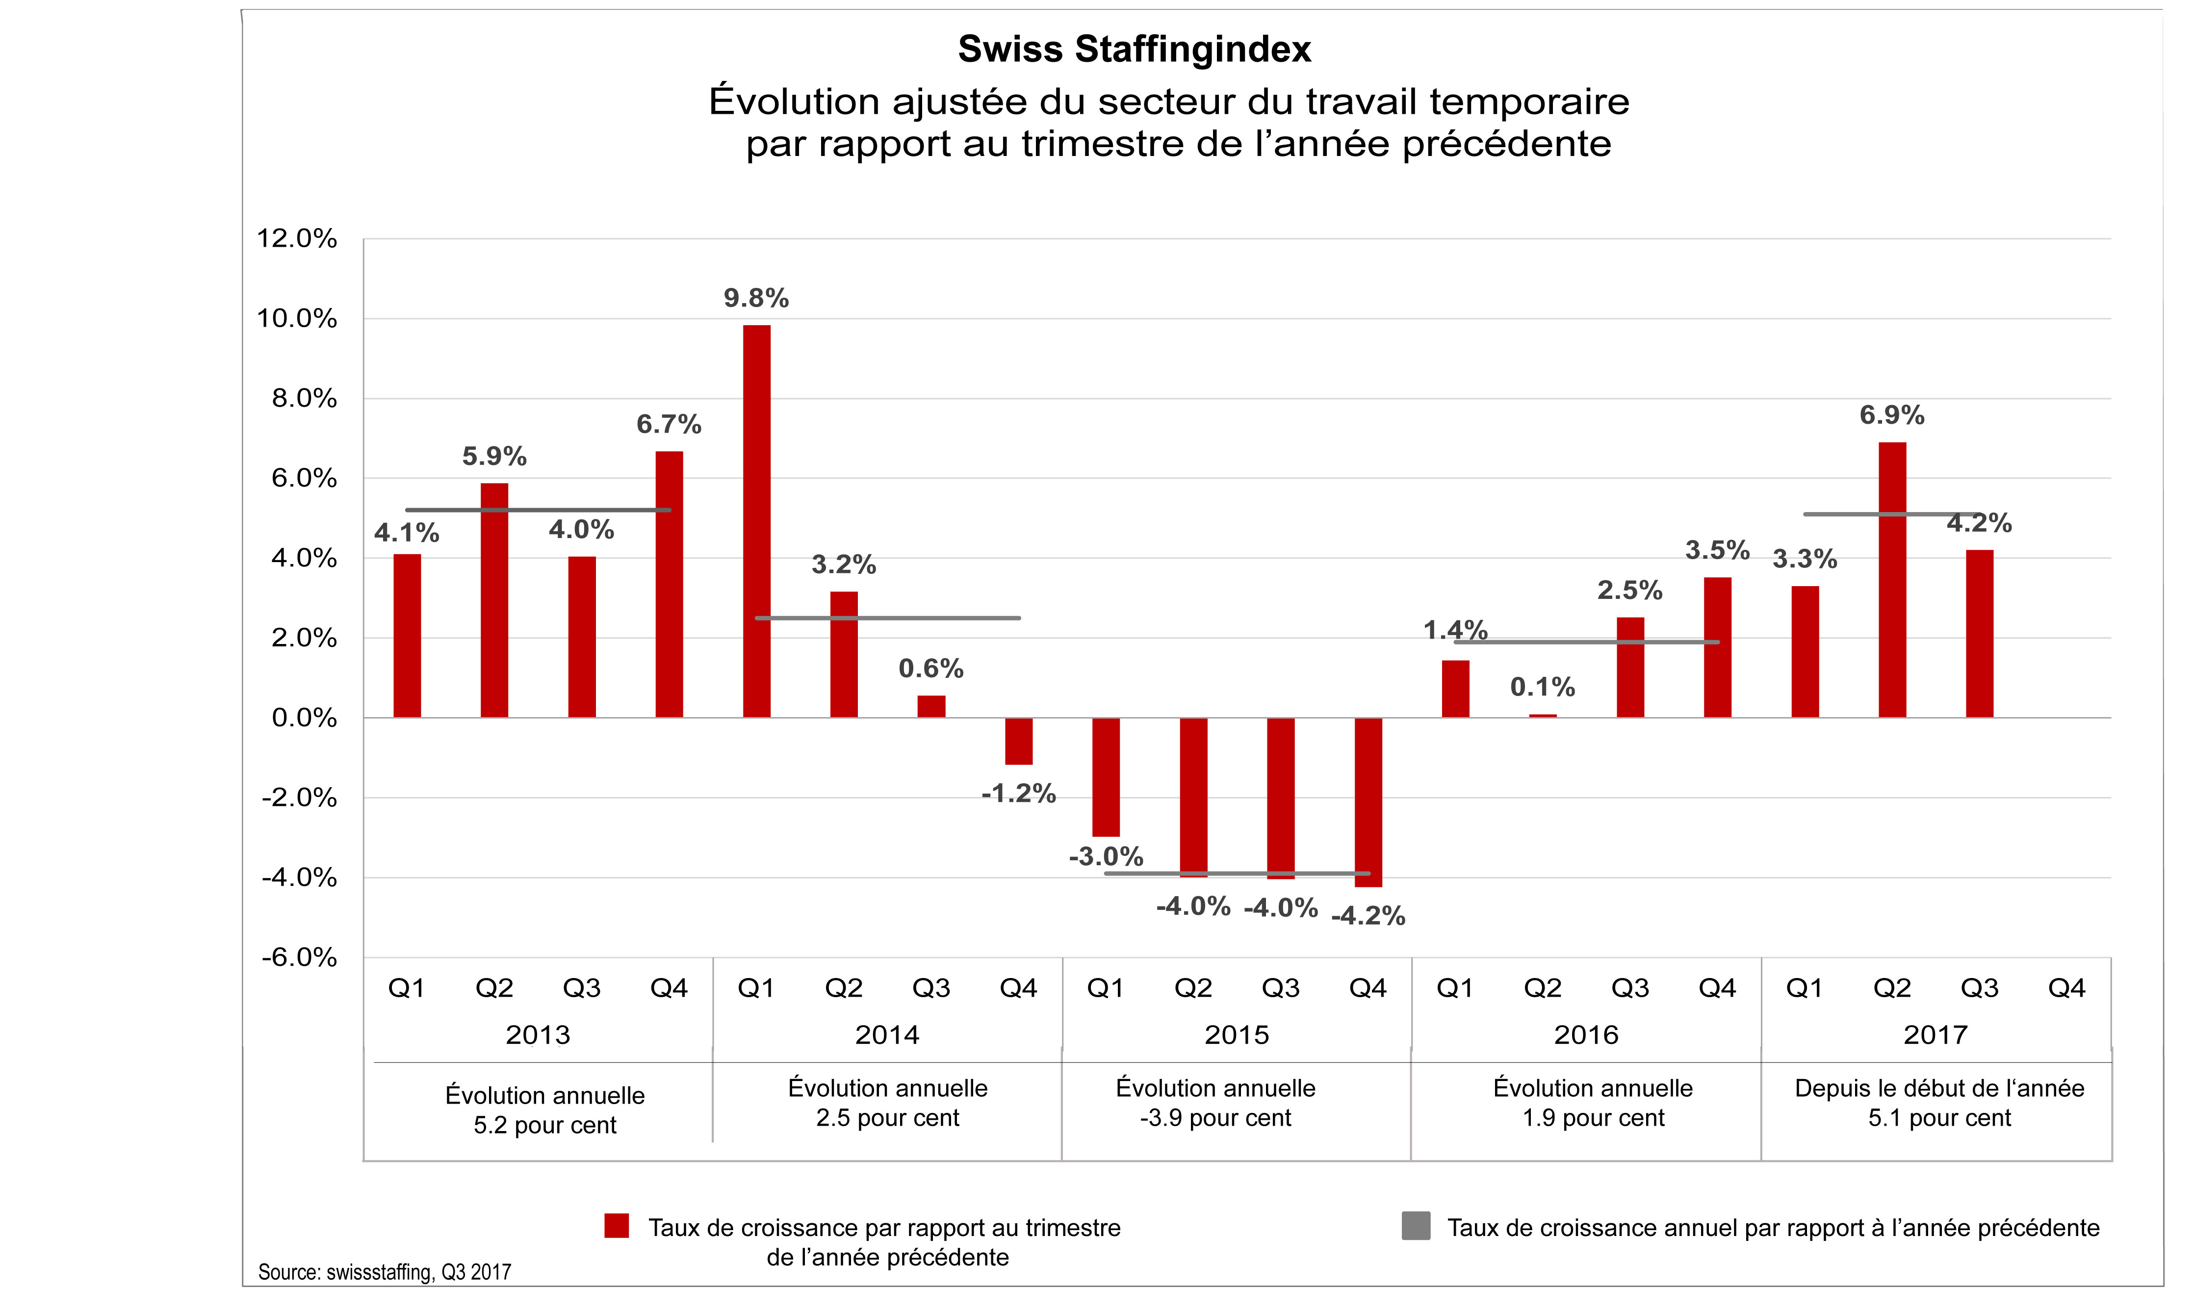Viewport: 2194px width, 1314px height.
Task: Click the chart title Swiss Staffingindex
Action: click(1134, 50)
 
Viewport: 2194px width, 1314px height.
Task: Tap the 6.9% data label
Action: click(1891, 415)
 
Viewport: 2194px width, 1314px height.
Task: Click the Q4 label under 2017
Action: click(2066, 988)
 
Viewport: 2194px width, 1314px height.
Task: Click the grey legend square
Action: click(1416, 1226)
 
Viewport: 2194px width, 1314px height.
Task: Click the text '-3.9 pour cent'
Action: click(1215, 1118)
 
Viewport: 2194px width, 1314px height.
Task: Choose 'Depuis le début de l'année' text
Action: click(1939, 1088)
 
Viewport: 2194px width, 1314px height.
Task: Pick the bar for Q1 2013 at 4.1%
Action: click(407, 636)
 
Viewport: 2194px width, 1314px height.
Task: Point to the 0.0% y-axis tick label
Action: click(304, 718)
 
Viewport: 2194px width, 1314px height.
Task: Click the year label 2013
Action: click(538, 1034)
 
